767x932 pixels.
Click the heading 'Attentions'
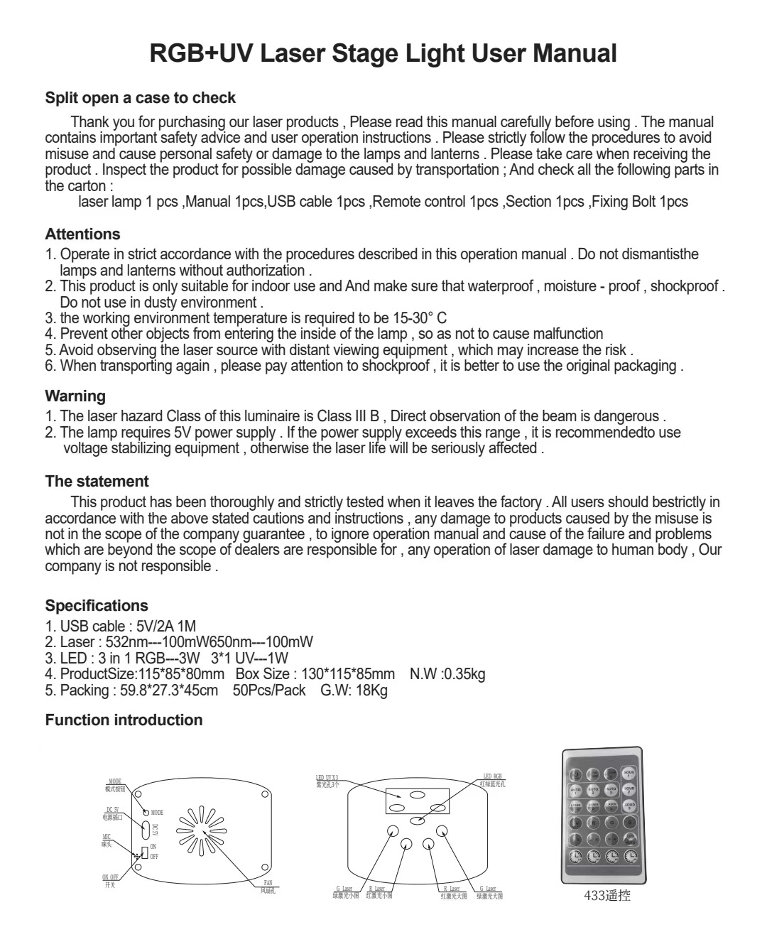pos(82,234)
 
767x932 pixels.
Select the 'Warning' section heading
pos(75,396)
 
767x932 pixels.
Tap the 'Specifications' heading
pos(97,606)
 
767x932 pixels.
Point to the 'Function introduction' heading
pos(124,720)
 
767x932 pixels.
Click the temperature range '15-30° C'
pos(420,318)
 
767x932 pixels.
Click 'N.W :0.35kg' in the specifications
pos(447,674)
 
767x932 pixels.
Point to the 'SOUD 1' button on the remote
pos(629,774)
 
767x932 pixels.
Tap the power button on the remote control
pos(576,774)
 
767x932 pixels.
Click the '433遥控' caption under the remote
pos(606,896)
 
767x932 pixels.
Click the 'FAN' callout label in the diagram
pos(268,883)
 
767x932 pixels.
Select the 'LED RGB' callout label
pos(492,777)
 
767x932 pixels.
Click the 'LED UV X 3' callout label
pos(327,778)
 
